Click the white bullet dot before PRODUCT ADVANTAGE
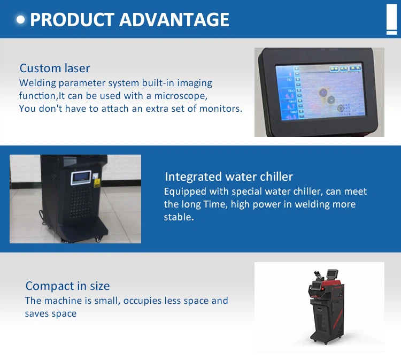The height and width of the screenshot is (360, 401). [20, 20]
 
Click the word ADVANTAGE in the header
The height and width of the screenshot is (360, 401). [174, 20]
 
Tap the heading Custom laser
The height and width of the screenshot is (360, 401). [55, 68]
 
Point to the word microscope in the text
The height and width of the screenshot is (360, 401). [181, 96]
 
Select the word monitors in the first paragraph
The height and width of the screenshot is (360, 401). [220, 109]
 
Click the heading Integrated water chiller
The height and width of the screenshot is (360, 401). [229, 177]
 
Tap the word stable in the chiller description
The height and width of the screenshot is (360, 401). [179, 217]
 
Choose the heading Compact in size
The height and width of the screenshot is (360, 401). [68, 286]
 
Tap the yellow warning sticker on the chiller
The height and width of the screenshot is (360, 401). [97, 183]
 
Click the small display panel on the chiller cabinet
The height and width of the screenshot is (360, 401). [81, 178]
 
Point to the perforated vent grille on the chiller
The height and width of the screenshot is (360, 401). [82, 203]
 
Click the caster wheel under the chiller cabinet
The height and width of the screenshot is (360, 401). [98, 240]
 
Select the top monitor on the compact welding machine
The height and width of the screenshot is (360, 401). [333, 274]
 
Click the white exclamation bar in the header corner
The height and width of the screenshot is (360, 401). [391, 19]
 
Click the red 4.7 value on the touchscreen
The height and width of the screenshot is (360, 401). [291, 106]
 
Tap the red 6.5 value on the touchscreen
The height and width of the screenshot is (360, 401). [289, 96]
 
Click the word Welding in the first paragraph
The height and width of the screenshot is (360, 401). [37, 83]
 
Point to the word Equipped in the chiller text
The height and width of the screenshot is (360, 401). [185, 192]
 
